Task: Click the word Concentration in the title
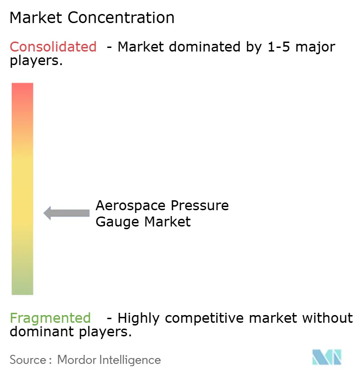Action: [121, 18]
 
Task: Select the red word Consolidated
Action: [53, 47]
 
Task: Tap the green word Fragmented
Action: [50, 318]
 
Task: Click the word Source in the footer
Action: [28, 360]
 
